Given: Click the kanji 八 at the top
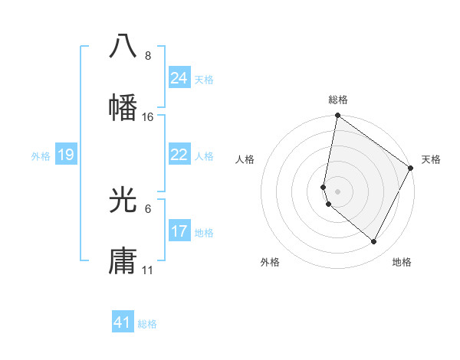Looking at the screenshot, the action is pyautogui.click(x=123, y=46).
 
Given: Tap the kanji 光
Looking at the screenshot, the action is pyautogui.click(x=123, y=200).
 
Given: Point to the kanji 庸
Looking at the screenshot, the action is pyautogui.click(x=123, y=261).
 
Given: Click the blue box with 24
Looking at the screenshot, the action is pyautogui.click(x=179, y=78).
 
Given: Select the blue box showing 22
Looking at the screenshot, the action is pyautogui.click(x=179, y=155).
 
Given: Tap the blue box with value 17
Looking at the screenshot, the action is pyautogui.click(x=179, y=231).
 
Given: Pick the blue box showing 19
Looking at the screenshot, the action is pyautogui.click(x=65, y=155).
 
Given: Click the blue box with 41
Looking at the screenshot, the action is pyautogui.click(x=123, y=322).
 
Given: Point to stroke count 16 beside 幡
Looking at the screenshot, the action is pyautogui.click(x=148, y=117).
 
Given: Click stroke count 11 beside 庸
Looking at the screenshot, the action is pyautogui.click(x=148, y=270).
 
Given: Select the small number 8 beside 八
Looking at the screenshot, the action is pyautogui.click(x=148, y=56).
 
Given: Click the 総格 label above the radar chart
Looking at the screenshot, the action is pyautogui.click(x=338, y=100).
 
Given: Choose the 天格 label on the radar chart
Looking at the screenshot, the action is pyautogui.click(x=431, y=159).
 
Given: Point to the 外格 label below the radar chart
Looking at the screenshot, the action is pyautogui.click(x=270, y=262).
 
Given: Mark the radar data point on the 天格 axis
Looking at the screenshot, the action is pyautogui.click(x=411, y=169).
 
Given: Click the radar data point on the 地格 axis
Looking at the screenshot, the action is pyautogui.click(x=373, y=242).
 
